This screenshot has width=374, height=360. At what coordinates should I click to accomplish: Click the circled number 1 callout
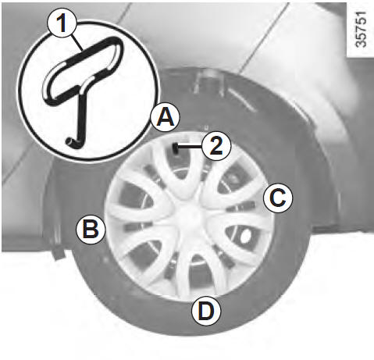pos(62,23)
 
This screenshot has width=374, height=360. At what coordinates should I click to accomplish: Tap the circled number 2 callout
pos(216,146)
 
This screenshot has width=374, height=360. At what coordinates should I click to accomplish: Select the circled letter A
pos(166,117)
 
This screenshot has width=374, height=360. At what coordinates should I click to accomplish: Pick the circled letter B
pos(91,230)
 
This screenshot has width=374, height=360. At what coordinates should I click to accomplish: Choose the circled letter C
pos(278,198)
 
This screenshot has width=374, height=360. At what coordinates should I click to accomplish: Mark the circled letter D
pos(206,311)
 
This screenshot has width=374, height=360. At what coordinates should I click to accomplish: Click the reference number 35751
pos(361,29)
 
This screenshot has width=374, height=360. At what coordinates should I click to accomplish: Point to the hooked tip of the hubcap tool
pos(71,143)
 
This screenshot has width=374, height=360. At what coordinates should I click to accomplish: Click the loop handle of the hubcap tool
pos(83,70)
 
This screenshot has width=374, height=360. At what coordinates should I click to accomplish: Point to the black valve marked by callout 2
pos(176,148)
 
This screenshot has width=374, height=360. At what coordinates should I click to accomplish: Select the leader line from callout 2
pos(190,147)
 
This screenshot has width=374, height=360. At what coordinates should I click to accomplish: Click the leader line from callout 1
pos(77,42)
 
